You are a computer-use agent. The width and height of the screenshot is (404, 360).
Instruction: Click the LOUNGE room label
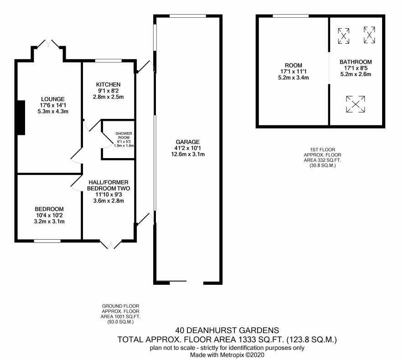click(x=53, y=99)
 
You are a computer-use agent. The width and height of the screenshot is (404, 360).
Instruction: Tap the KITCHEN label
click(x=108, y=84)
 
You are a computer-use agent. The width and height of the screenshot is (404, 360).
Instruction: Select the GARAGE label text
click(x=188, y=142)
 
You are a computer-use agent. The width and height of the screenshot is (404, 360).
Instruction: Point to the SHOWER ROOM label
click(x=124, y=135)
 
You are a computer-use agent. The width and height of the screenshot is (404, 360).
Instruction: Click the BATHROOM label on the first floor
click(x=356, y=62)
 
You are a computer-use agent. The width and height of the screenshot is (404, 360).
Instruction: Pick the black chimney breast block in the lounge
click(x=21, y=118)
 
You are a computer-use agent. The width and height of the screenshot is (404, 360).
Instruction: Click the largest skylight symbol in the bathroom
click(x=356, y=104)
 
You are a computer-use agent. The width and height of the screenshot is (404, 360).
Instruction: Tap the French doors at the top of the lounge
click(x=48, y=44)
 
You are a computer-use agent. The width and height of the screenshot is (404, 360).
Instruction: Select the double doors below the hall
click(x=111, y=245)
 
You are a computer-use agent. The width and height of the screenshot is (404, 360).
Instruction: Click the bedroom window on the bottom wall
click(x=47, y=241)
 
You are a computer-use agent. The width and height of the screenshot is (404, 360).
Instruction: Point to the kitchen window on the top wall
click(x=108, y=61)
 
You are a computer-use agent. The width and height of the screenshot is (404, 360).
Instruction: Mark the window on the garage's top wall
click(x=188, y=16)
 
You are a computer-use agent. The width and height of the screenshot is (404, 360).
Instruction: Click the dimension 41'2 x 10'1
click(x=188, y=148)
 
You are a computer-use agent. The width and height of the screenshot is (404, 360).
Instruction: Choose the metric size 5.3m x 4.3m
click(x=53, y=112)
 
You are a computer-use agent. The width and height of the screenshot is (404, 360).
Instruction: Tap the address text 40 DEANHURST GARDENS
click(x=227, y=330)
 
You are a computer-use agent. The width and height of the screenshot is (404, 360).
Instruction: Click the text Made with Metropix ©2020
click(x=227, y=355)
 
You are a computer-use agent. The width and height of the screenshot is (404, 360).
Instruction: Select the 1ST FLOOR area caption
click(x=322, y=158)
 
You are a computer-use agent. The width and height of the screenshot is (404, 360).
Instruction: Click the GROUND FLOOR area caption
click(x=120, y=314)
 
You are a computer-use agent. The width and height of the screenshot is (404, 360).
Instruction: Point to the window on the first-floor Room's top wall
click(x=290, y=16)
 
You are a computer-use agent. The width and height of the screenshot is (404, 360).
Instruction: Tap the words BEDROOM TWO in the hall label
click(x=109, y=189)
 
